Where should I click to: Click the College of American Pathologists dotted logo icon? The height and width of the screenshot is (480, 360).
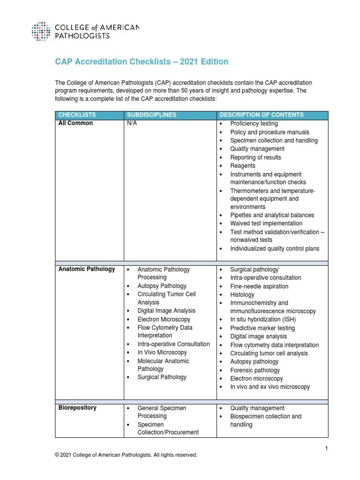click(x=42, y=31)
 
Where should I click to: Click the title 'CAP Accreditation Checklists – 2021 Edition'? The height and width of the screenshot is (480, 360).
click(x=142, y=62)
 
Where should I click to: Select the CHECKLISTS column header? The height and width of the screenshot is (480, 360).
click(x=77, y=115)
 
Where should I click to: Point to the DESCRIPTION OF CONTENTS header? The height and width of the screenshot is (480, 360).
click(x=262, y=115)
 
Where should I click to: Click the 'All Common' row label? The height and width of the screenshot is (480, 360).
click(x=75, y=124)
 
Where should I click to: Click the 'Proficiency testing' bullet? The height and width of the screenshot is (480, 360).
click(x=254, y=124)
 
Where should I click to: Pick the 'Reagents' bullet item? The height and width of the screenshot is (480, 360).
click(x=242, y=166)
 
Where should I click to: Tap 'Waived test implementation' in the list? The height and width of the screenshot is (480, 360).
click(x=266, y=224)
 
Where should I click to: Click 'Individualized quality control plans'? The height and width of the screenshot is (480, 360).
click(x=274, y=249)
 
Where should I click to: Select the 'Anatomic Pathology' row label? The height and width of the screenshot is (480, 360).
click(x=86, y=269)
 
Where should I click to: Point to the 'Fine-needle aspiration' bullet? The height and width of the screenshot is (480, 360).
click(x=259, y=286)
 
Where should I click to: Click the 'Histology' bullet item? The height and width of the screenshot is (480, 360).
click(x=242, y=295)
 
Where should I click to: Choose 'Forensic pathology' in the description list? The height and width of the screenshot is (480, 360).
click(x=255, y=370)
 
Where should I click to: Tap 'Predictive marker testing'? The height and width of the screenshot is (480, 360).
click(x=262, y=328)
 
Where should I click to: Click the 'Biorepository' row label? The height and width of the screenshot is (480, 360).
click(x=77, y=408)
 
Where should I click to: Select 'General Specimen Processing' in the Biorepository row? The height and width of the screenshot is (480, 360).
click(x=161, y=412)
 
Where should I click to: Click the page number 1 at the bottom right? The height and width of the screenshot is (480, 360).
click(x=326, y=449)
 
